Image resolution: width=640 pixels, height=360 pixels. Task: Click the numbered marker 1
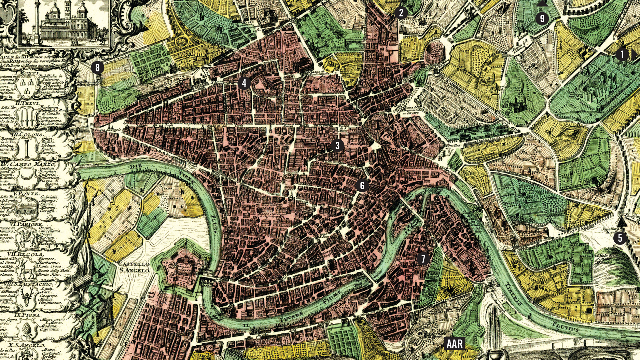tap(622, 54)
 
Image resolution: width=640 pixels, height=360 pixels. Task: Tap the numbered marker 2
tap(401, 13)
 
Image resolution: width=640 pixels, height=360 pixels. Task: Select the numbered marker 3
tap(337, 146)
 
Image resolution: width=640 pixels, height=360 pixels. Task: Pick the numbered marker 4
tap(244, 83)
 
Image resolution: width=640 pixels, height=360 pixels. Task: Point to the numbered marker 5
tap(620, 238)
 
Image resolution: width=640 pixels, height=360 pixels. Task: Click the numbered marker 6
tap(362, 185)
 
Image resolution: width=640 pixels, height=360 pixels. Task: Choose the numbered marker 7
tap(423, 259)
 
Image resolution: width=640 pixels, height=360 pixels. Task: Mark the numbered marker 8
tap(98, 68)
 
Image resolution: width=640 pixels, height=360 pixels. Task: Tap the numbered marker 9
tap(542, 18)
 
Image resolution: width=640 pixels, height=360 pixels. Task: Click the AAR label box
tap(455, 344)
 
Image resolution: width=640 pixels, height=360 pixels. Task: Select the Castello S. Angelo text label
tap(134, 267)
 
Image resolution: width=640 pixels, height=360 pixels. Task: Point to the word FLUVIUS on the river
tap(566, 327)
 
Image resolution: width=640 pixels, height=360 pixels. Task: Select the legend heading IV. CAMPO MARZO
tap(29, 164)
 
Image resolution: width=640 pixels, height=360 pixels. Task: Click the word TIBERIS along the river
tap(513, 294)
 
